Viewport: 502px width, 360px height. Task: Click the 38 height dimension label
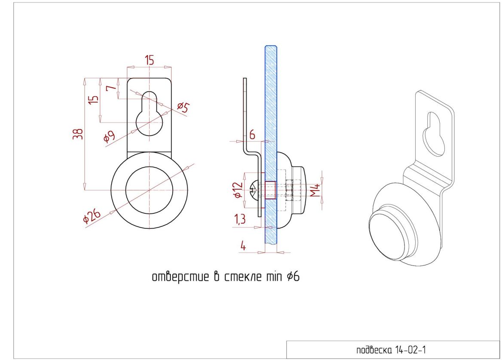78,134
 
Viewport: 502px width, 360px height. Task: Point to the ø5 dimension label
183,108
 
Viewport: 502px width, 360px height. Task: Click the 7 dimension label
111,88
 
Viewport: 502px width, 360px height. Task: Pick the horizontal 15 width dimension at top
149,60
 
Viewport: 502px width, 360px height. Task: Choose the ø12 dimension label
238,190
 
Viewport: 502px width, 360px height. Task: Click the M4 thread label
315,190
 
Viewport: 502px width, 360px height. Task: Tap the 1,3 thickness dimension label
240,219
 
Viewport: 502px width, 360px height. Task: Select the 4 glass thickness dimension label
243,246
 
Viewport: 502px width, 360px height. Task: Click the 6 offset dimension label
252,135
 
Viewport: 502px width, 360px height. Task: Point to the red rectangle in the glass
270,190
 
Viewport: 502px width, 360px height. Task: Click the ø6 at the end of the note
293,276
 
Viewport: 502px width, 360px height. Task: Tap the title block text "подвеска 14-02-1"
391,350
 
